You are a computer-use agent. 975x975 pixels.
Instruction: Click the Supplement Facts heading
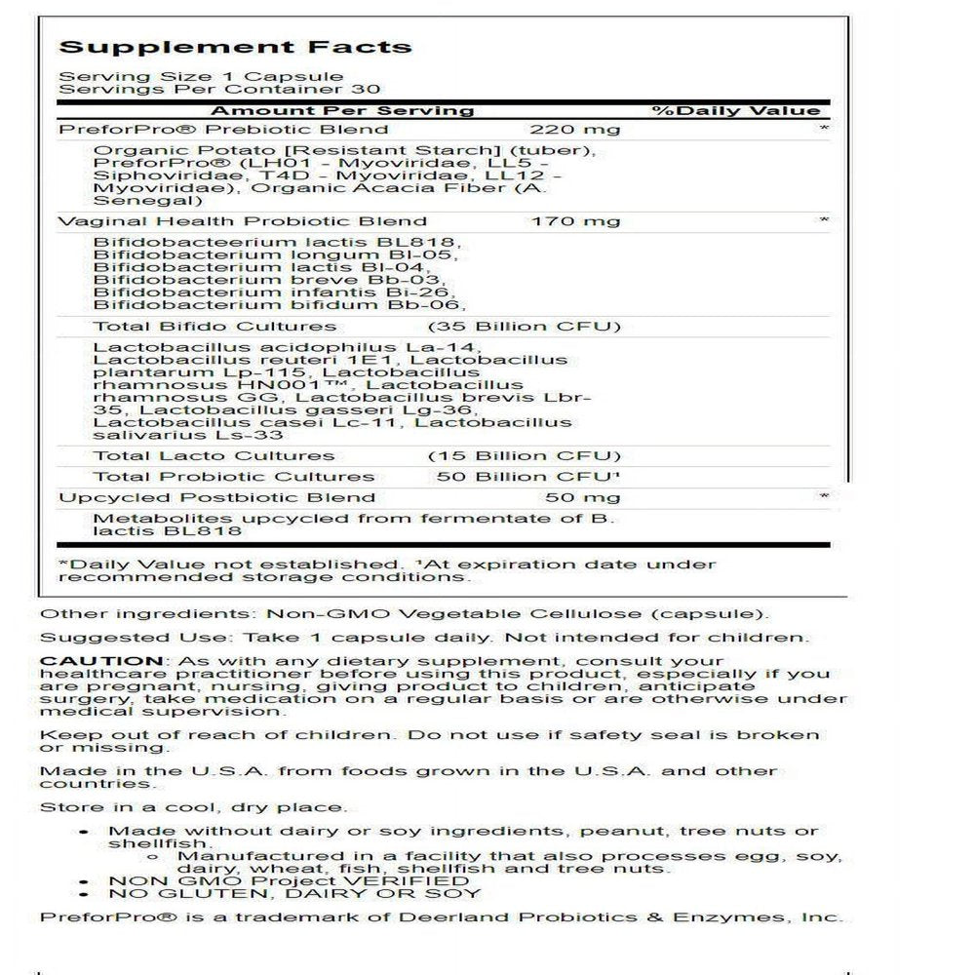234,47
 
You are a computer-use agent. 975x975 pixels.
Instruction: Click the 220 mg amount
574,129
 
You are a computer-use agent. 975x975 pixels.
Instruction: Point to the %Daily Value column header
736,110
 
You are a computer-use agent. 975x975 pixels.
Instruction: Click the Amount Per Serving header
342,110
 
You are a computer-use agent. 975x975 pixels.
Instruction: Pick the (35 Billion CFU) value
524,326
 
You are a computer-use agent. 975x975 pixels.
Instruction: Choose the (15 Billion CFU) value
524,455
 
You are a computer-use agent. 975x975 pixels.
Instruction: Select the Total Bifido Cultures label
214,326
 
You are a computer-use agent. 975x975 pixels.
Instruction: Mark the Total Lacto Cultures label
214,455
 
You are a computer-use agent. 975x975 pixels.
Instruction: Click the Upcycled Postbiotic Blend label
216,497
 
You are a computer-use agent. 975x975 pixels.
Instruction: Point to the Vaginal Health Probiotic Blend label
243,221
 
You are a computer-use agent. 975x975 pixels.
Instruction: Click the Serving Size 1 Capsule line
201,76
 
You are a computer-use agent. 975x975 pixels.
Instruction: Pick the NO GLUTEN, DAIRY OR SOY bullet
294,893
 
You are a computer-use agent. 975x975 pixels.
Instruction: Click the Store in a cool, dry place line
192,807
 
